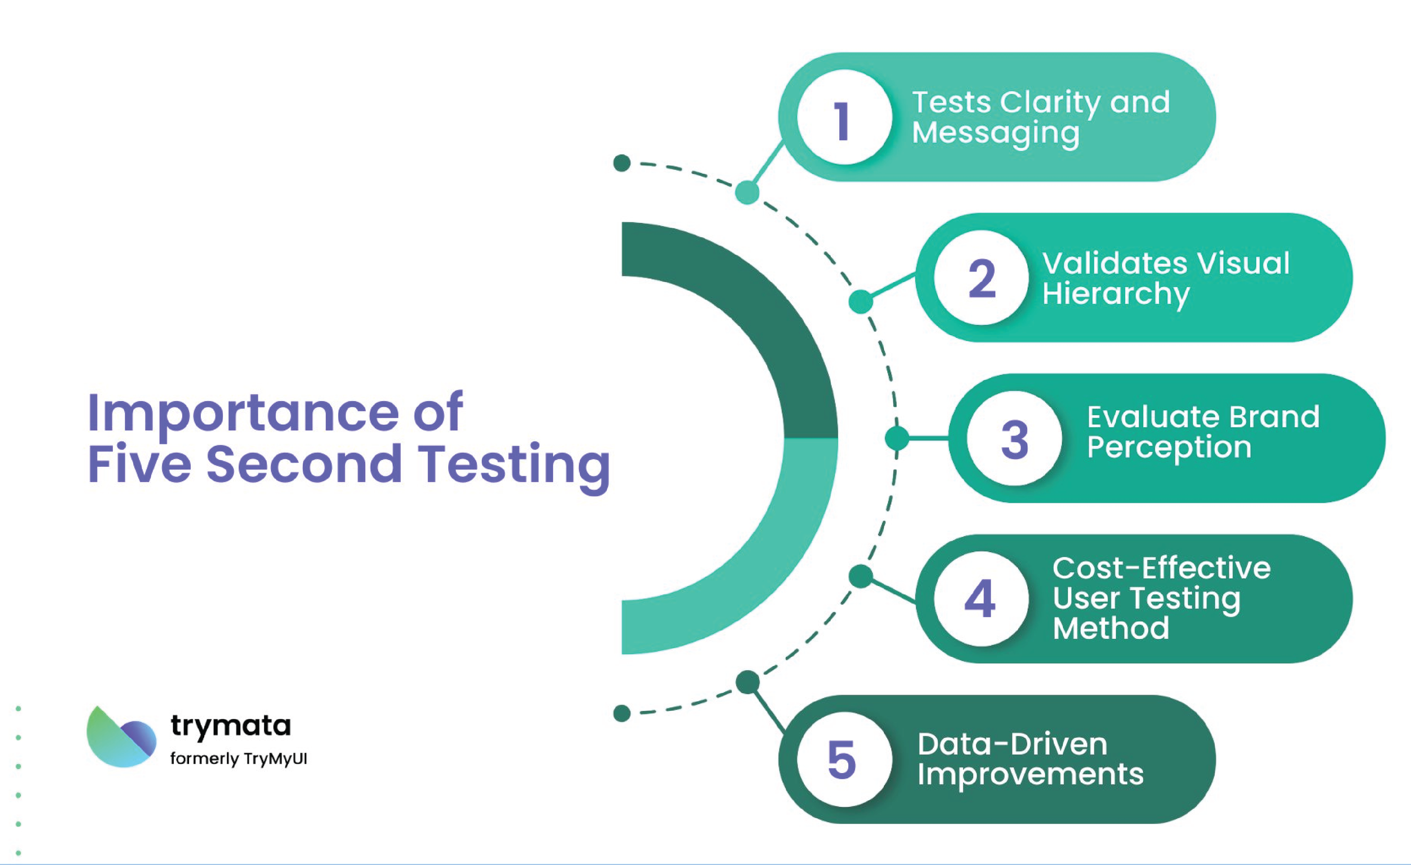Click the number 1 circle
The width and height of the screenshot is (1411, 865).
pos(844,117)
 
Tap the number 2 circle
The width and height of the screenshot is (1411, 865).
pos(981,278)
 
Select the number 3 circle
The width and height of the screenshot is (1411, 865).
pos(1014,439)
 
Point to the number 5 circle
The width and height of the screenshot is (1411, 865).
pos(844,759)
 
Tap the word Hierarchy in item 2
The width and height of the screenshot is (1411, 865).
pos(1115,294)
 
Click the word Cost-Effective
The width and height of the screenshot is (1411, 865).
pos(1162,568)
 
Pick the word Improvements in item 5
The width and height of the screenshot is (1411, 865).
pos(1030,775)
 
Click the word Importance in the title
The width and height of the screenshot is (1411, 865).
pos(243,414)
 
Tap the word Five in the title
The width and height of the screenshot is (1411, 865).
pos(139,464)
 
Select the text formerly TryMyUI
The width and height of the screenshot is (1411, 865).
pos(239,759)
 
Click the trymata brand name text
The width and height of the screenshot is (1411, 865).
pos(231,726)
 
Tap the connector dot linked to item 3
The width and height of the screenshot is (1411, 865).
pos(897,438)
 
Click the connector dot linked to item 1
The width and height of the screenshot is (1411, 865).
pos(747,192)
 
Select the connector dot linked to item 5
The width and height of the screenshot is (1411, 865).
pos(747,682)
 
